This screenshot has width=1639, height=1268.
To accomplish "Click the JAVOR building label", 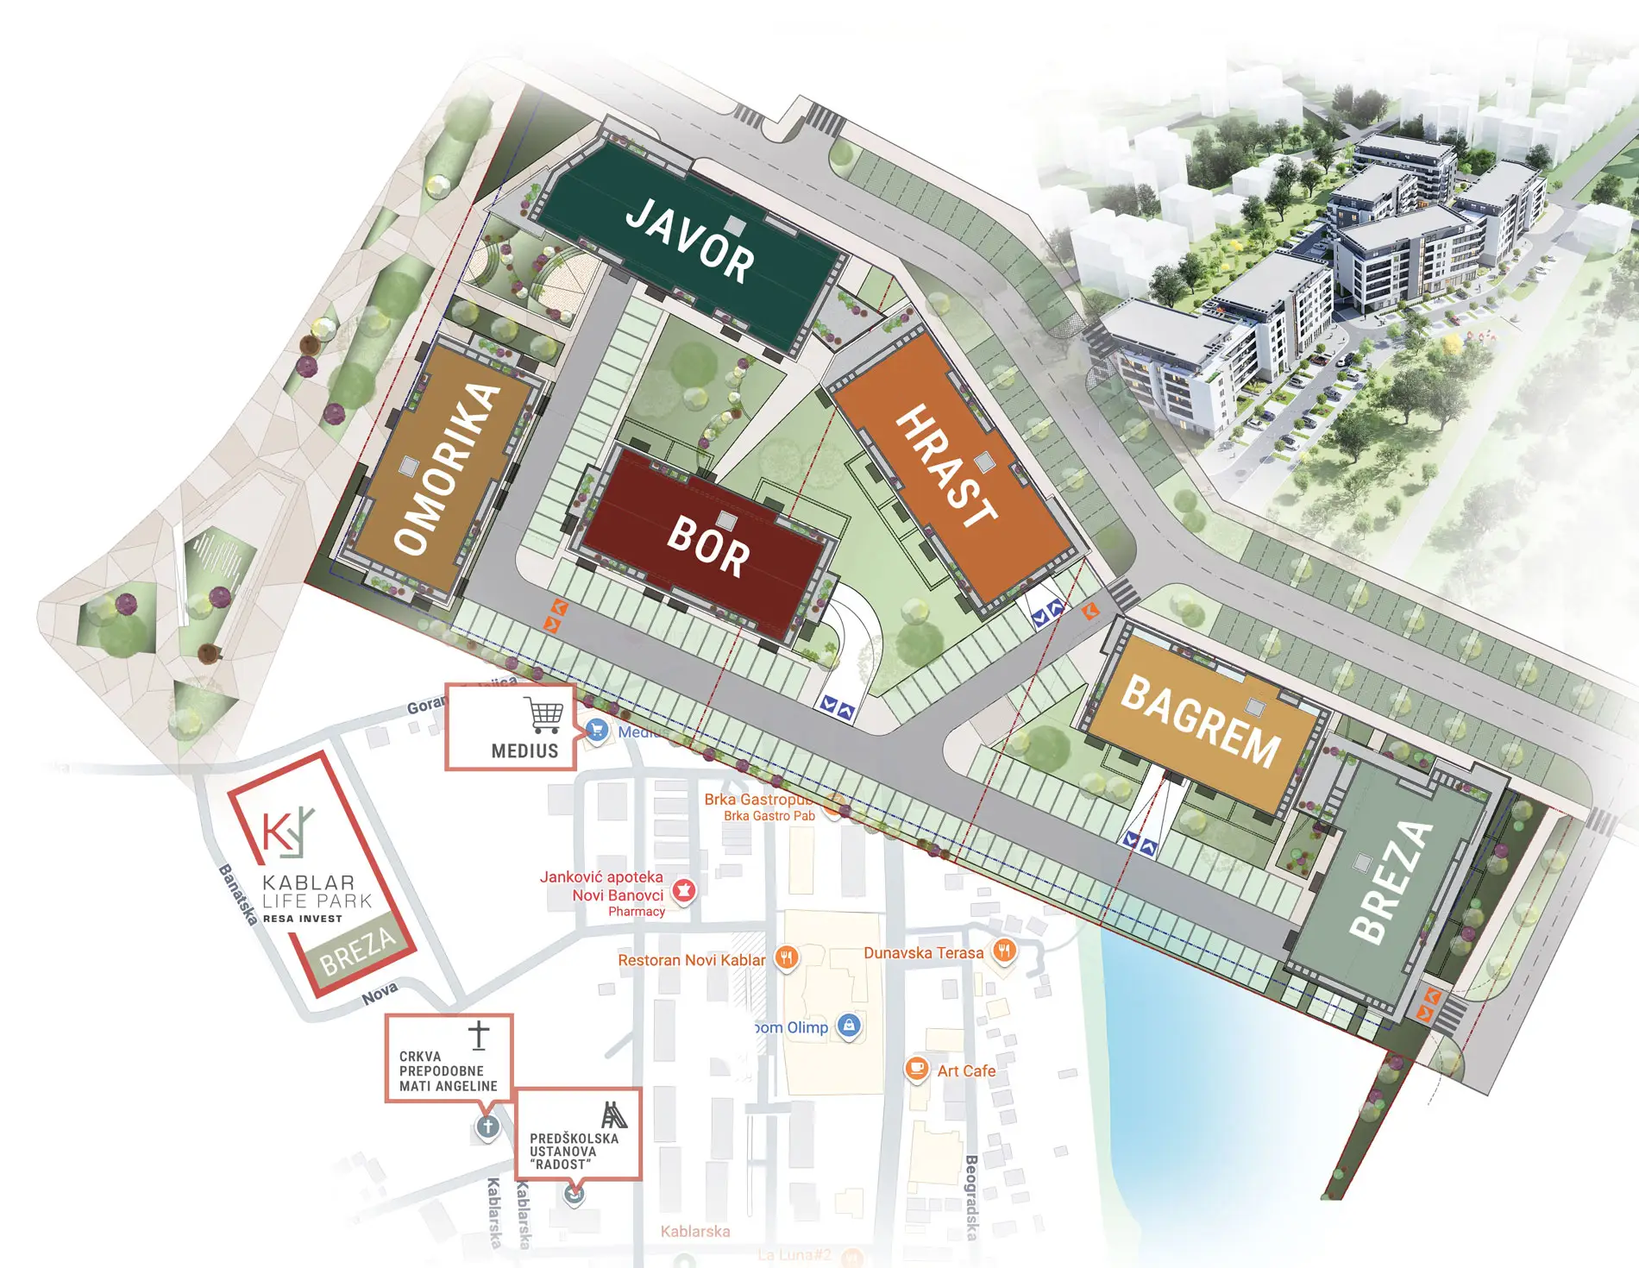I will click(x=689, y=241).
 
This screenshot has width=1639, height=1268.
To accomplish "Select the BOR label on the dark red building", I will click(x=708, y=547).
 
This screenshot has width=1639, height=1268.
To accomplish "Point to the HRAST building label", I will click(x=946, y=466).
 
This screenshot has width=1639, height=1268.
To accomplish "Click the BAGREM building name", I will click(x=1200, y=721).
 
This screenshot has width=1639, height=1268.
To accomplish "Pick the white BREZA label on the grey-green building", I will click(x=1390, y=881).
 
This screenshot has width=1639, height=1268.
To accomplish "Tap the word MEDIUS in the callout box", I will click(x=524, y=751).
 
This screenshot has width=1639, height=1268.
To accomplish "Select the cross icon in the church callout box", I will click(x=479, y=1035).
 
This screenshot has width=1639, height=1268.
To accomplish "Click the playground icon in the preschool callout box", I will click(x=613, y=1115).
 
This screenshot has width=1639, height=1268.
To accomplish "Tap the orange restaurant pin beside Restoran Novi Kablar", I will click(x=785, y=957).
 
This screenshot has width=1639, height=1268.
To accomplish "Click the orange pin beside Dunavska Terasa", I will click(x=1004, y=952).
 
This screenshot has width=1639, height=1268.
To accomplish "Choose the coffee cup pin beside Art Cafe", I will click(x=916, y=1069).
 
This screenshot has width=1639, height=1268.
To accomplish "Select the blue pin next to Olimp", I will click(x=850, y=1026).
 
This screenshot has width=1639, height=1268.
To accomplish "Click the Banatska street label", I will click(x=238, y=895).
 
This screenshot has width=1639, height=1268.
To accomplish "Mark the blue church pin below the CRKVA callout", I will click(x=487, y=1127).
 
